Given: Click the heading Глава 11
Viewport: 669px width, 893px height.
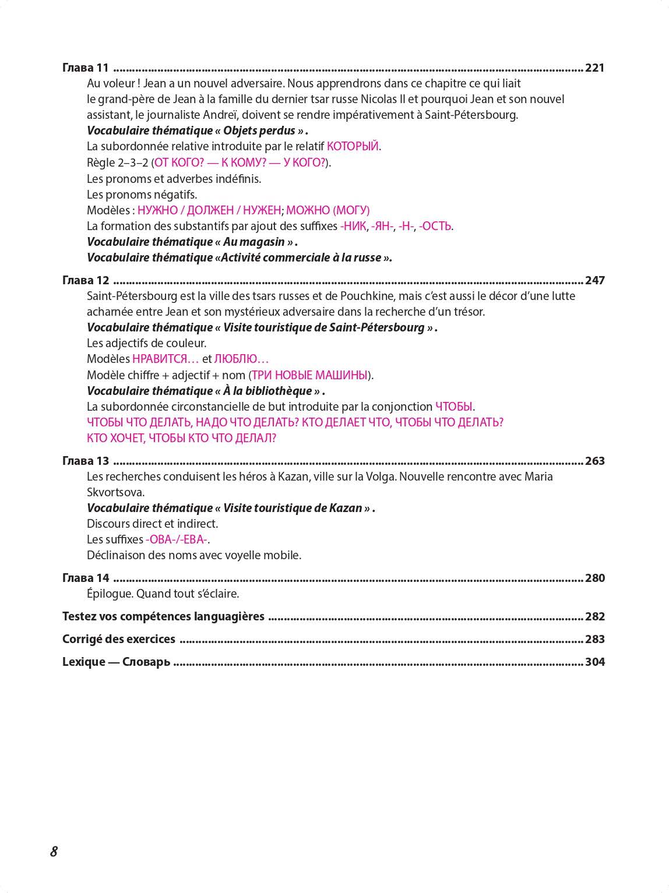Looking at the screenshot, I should [86, 68].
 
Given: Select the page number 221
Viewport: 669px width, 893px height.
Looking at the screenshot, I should [594, 68].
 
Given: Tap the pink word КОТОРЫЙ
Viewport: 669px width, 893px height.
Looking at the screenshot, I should [353, 146].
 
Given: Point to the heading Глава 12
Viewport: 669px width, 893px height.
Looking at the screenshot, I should [86, 280].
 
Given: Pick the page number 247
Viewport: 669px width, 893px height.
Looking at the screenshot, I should [594, 280].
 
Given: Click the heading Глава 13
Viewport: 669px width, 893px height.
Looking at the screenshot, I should [86, 461].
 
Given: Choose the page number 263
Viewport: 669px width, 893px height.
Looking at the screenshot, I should [594, 461].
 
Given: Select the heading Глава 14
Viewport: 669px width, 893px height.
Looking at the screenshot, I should [86, 578].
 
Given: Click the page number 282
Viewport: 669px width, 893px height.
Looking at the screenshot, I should [594, 616].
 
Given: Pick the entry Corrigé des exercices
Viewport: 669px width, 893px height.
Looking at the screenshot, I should [119, 639].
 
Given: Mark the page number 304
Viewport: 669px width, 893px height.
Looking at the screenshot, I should [594, 662].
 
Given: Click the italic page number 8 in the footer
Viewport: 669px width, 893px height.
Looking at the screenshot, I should [54, 851].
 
